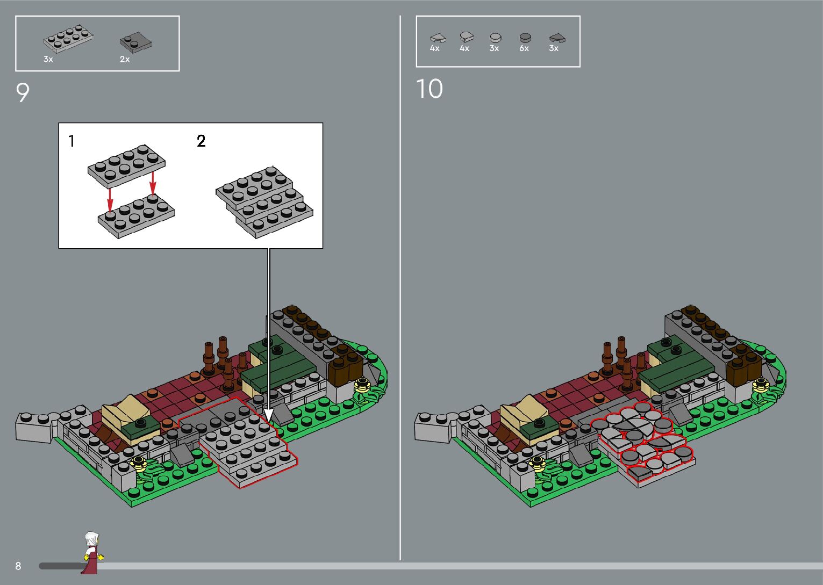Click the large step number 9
(x=23, y=92)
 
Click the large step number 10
(x=429, y=89)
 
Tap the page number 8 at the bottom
(x=18, y=566)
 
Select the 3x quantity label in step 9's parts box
(x=48, y=59)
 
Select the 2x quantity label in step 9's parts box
(x=125, y=59)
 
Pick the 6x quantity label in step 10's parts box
(x=524, y=48)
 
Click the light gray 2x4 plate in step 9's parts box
(x=68, y=39)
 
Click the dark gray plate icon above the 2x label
(x=135, y=42)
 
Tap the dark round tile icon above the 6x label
(x=525, y=38)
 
